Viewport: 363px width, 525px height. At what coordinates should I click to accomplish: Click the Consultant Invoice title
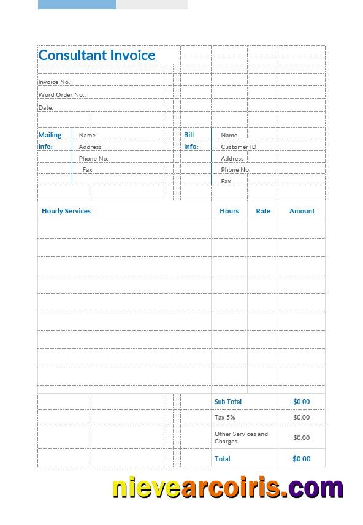pyautogui.click(x=97, y=55)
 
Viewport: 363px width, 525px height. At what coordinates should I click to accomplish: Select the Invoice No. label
pyautogui.click(x=55, y=82)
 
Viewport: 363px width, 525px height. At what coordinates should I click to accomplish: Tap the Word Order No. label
pyautogui.click(x=62, y=95)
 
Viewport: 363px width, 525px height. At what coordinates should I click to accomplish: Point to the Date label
pyautogui.click(x=46, y=108)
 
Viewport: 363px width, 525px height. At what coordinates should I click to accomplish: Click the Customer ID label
pyautogui.click(x=239, y=147)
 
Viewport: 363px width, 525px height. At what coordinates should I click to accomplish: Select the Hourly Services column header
pyautogui.click(x=66, y=211)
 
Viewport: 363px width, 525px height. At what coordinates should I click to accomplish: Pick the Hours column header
pyautogui.click(x=229, y=211)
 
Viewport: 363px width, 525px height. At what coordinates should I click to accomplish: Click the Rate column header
pyautogui.click(x=263, y=211)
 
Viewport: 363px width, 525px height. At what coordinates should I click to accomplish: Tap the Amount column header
pyautogui.click(x=302, y=211)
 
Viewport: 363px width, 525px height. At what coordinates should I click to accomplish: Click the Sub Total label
pyautogui.click(x=228, y=402)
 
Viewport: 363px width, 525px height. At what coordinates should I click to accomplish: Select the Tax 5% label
pyautogui.click(x=224, y=418)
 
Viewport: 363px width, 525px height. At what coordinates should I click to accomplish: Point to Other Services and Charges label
pyautogui.click(x=241, y=437)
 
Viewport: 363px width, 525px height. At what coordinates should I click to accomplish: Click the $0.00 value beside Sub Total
pyautogui.click(x=301, y=402)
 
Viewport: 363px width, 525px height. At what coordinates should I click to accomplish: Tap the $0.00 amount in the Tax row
pyautogui.click(x=301, y=418)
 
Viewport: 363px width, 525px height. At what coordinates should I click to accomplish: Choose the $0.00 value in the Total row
pyautogui.click(x=301, y=459)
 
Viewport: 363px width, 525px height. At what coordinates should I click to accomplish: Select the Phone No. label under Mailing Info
pyautogui.click(x=93, y=159)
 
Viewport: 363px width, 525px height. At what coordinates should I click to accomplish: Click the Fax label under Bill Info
pyautogui.click(x=226, y=182)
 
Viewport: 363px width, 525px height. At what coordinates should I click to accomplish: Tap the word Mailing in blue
pyautogui.click(x=50, y=135)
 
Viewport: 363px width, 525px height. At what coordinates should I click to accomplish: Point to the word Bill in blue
pyautogui.click(x=189, y=135)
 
